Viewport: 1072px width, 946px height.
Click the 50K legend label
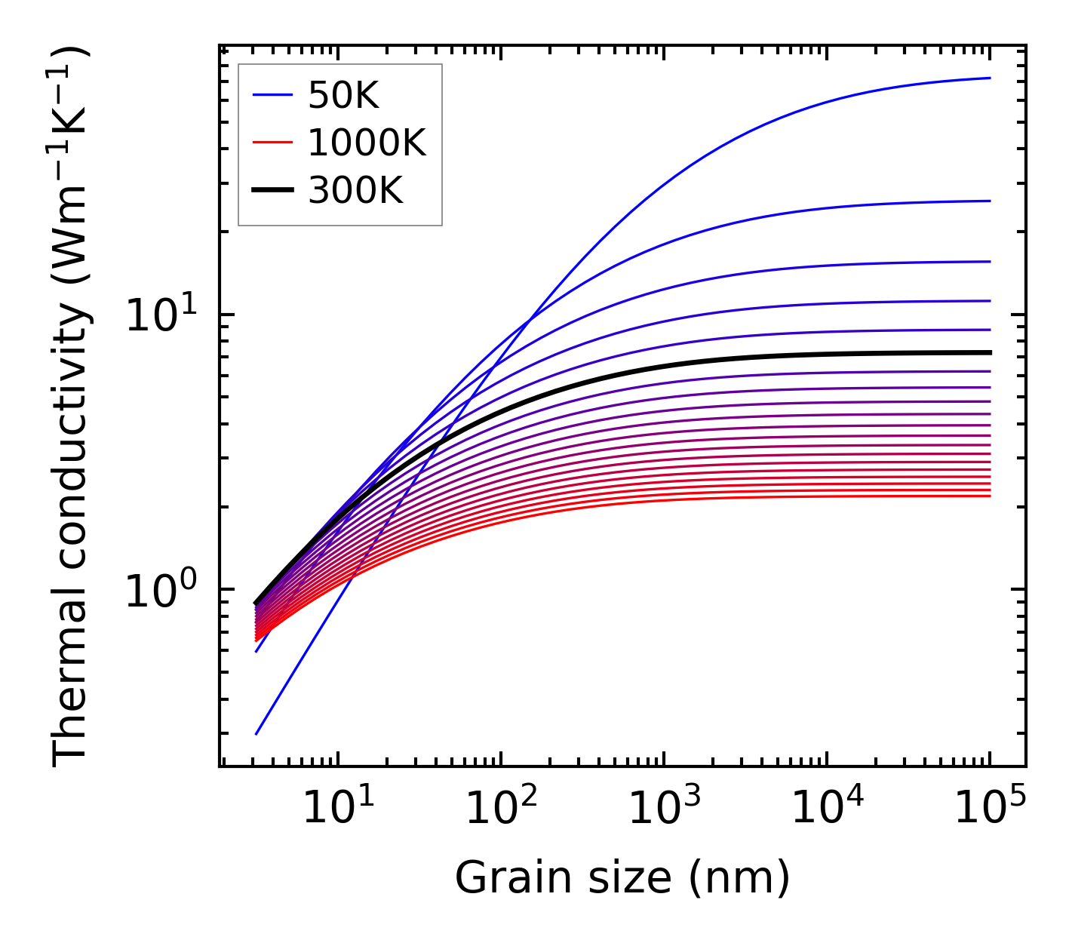[343, 96]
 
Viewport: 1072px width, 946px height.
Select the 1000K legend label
[367, 143]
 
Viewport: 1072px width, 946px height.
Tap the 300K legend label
[355, 191]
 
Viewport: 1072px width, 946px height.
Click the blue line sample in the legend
[272, 96]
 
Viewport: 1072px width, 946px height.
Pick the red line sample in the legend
[272, 143]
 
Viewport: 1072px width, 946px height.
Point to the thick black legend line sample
[272, 191]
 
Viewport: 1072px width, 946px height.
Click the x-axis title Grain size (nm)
[622, 878]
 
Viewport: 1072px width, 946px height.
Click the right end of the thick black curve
[989, 352]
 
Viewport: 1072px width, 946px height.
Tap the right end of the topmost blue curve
[989, 78]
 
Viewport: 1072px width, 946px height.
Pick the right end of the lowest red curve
[989, 496]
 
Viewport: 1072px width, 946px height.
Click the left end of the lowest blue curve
[257, 733]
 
